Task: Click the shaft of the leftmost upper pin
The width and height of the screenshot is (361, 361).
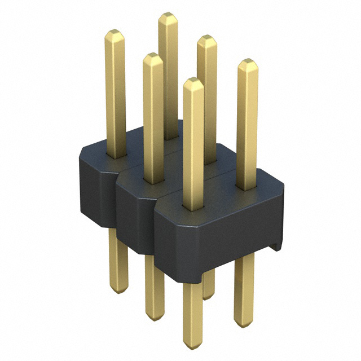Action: tap(116, 96)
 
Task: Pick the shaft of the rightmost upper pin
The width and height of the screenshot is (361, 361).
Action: tap(246, 124)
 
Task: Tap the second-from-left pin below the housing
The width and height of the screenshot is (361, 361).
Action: tap(153, 288)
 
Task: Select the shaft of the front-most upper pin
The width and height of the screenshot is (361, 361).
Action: tap(193, 147)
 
